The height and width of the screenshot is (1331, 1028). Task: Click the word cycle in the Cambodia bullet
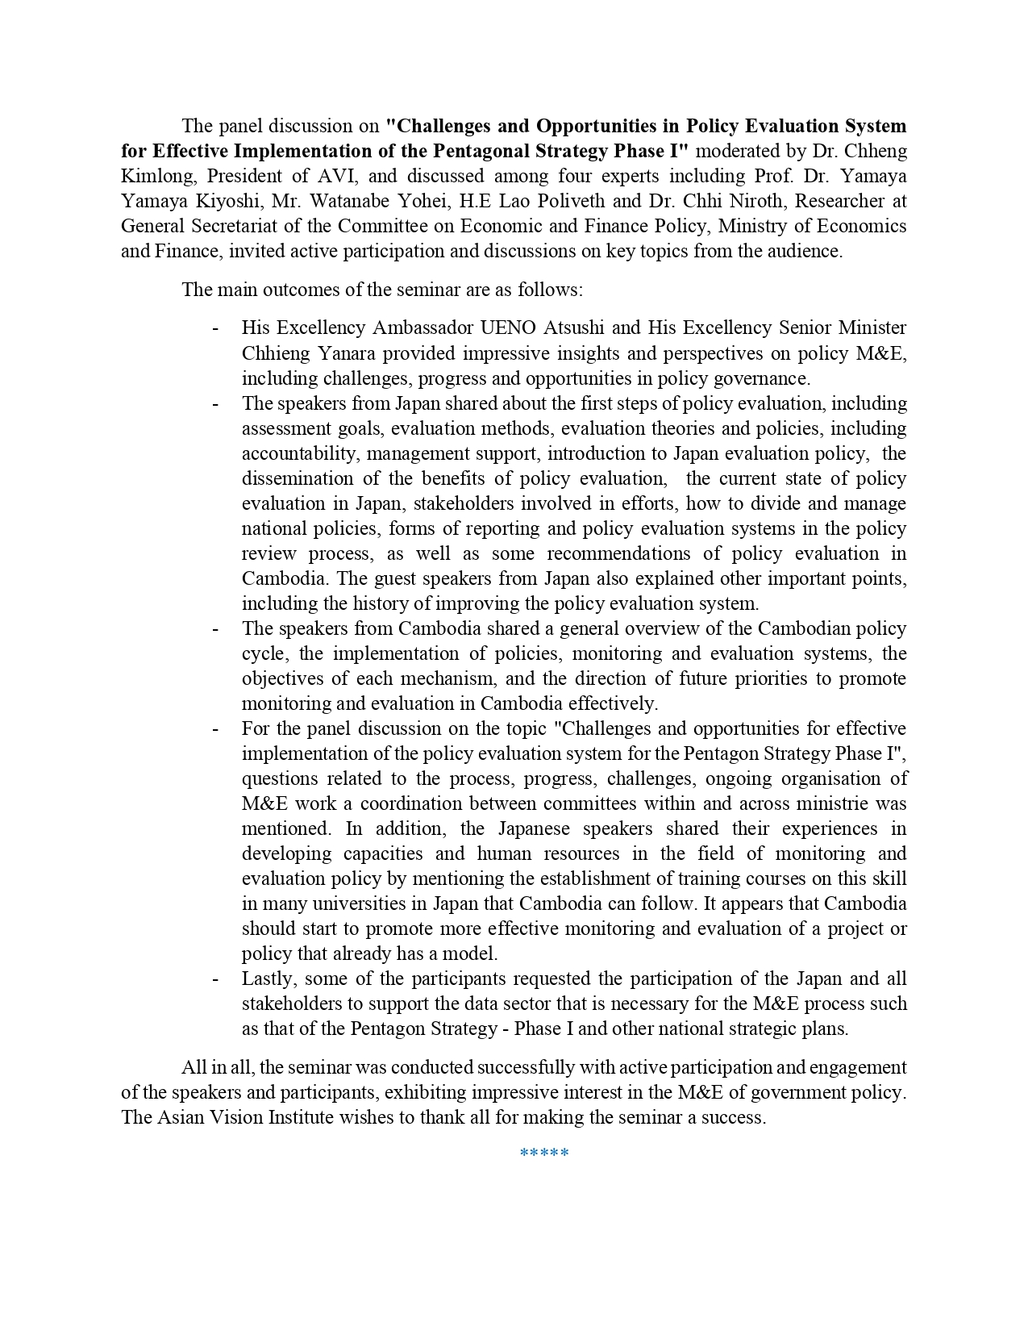pos(264,653)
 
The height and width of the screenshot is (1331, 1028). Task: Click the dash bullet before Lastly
pos(215,978)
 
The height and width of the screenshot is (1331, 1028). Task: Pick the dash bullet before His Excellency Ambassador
pos(215,328)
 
